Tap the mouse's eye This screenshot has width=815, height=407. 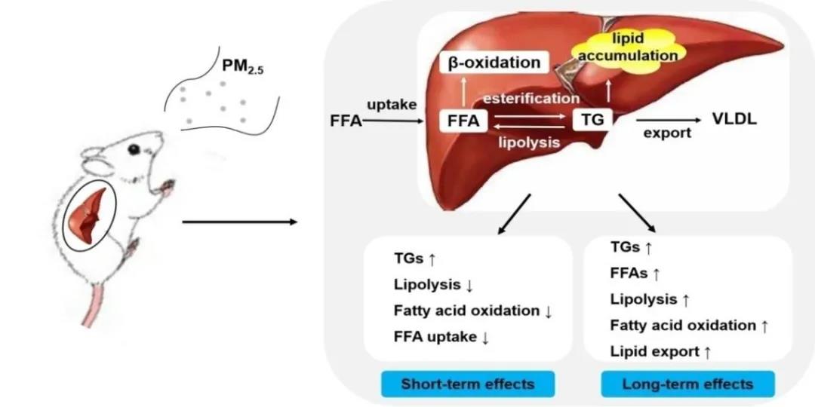point(134,149)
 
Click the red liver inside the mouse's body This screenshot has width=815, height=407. point(89,214)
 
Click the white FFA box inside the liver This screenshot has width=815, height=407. point(463,120)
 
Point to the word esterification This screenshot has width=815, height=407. point(531,98)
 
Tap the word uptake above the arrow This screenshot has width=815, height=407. point(392,105)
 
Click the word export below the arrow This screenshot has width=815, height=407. point(666,133)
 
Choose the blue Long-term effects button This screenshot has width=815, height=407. point(687,384)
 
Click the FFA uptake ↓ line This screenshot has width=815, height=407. point(441,337)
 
